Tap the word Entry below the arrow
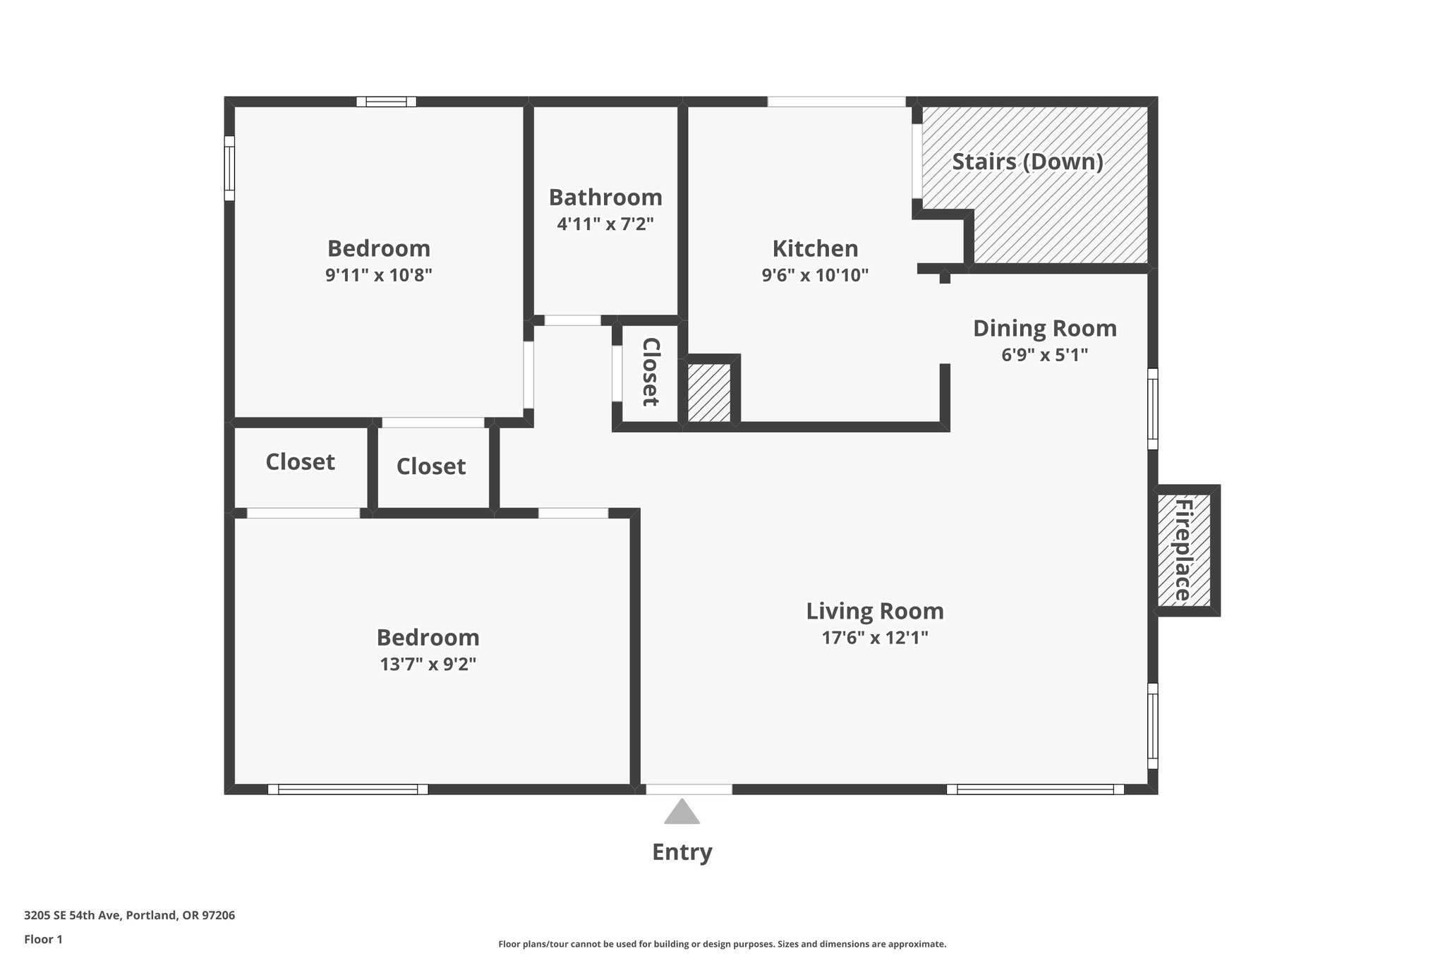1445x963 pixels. pos(682,852)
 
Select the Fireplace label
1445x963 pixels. pos(1183,550)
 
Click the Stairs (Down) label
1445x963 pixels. pos(1027,162)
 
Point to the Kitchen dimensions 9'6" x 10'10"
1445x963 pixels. pos(815,275)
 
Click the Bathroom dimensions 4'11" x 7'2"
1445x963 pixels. pos(605,224)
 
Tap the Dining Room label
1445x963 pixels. pos(1044,329)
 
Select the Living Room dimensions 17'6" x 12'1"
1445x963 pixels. pos(874,638)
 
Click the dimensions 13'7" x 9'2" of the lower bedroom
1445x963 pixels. pos(428,664)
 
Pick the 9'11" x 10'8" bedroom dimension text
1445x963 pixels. pos(378,275)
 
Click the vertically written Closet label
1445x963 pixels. pos(650,372)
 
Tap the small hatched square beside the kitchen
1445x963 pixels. pos(709,393)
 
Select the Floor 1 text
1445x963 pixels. pos(43,940)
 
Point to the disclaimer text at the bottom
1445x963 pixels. pos(722,944)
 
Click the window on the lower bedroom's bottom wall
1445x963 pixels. pos(348,789)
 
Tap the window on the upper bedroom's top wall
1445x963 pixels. pos(386,102)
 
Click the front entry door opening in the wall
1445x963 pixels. pos(689,789)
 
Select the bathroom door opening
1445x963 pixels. pos(572,320)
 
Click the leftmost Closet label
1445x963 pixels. pos(300,462)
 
